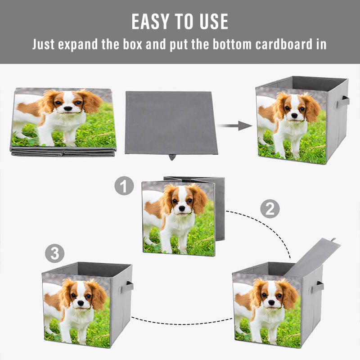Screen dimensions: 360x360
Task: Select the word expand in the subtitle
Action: (x=84, y=45)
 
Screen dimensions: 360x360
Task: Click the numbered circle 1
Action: (x=124, y=186)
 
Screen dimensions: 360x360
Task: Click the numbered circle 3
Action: (x=54, y=254)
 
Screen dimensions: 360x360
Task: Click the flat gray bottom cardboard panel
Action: (x=171, y=122)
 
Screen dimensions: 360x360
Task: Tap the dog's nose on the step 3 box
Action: (x=80, y=303)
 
